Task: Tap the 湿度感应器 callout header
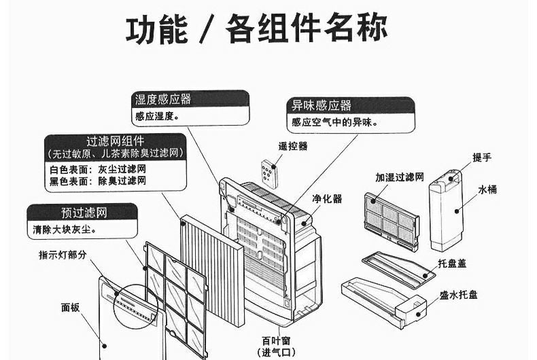[163, 99]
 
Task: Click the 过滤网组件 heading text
[115, 141]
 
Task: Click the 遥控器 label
[293, 145]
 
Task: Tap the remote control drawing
[271, 174]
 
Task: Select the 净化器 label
[327, 198]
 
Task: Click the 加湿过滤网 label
[400, 177]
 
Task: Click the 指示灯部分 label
[63, 255]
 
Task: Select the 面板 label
[70, 307]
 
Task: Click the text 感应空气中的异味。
[334, 122]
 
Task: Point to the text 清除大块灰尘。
[64, 230]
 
